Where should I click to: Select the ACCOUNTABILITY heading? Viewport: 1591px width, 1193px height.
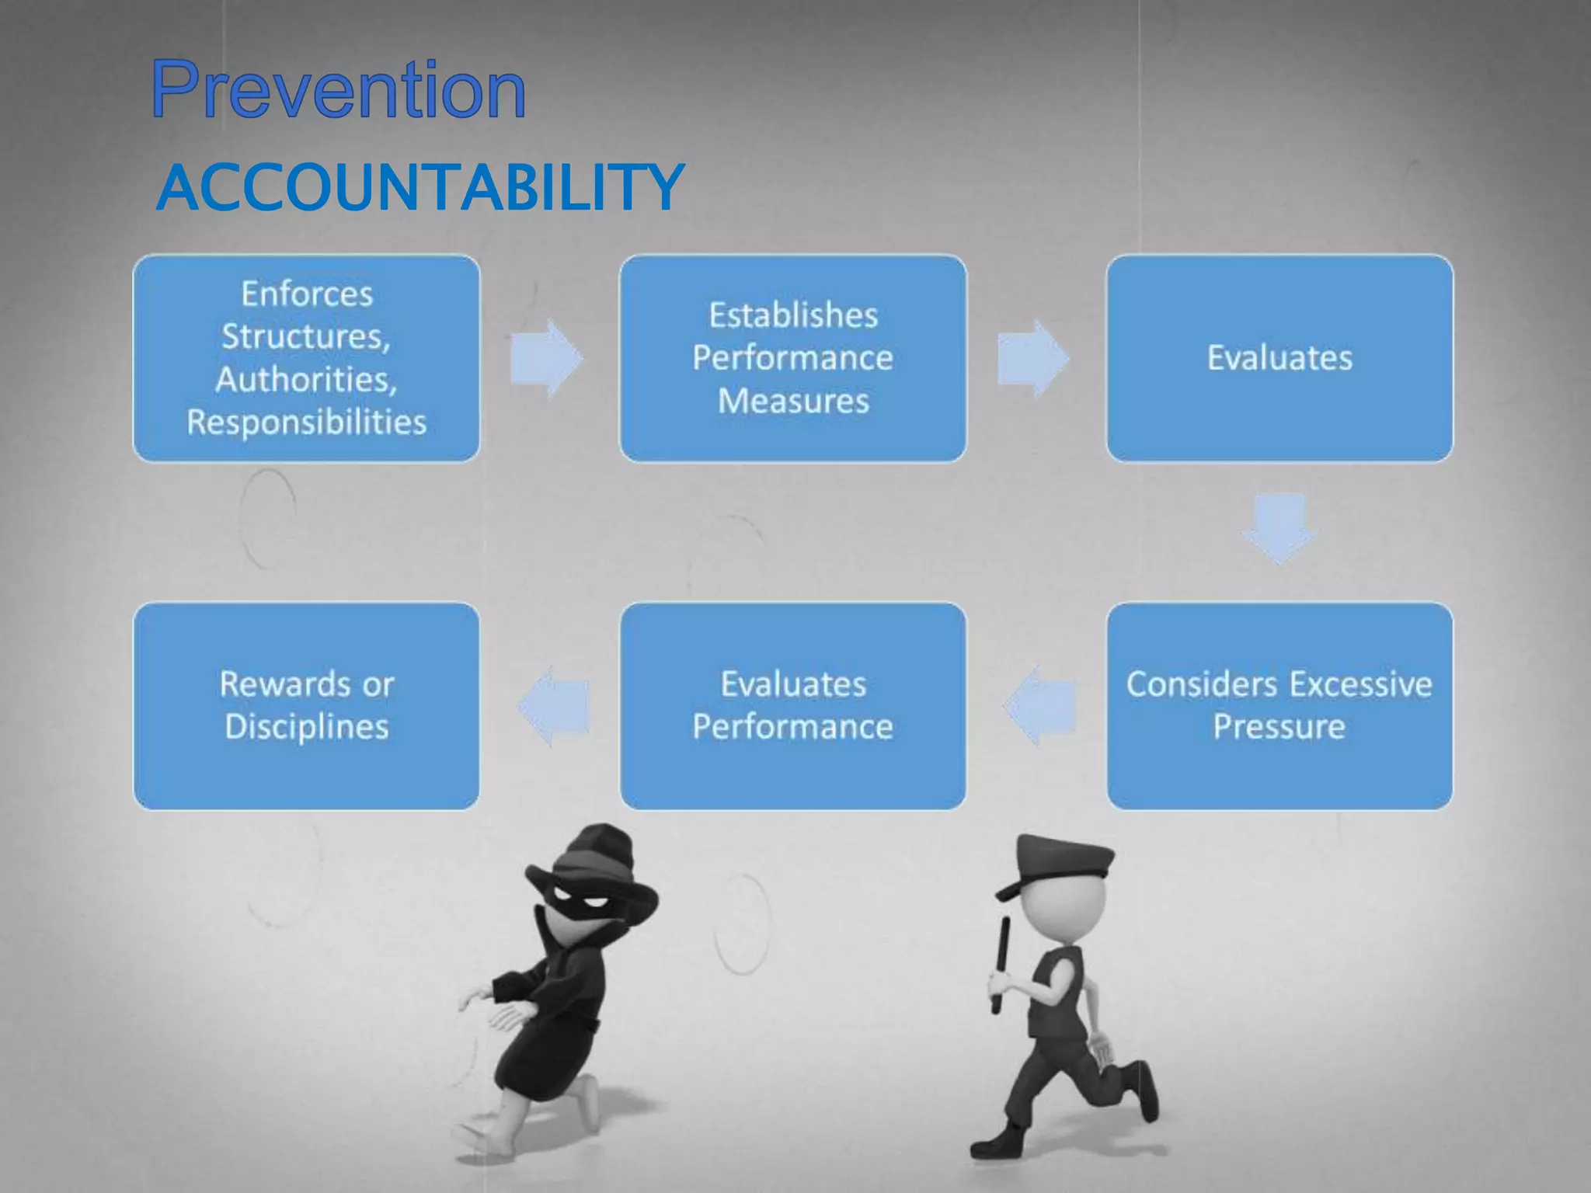420,187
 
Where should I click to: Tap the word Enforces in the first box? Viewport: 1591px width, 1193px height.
307,294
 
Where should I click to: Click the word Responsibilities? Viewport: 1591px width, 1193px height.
307,423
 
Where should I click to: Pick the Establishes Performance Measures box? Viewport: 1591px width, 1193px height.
792,358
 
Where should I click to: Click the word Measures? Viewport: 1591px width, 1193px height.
792,402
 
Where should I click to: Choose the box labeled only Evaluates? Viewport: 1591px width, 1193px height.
1279,358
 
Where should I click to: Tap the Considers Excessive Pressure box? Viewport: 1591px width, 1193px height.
1279,705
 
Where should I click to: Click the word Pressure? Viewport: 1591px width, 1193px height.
1279,727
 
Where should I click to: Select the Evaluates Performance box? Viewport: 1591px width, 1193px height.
792,705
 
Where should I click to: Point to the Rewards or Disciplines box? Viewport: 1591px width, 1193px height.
307,705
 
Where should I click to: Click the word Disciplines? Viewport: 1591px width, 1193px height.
307,727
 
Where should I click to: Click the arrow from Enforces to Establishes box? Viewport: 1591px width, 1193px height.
547,359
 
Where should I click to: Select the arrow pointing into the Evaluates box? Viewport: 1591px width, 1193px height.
1033,359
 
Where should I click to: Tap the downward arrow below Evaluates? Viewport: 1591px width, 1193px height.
1279,528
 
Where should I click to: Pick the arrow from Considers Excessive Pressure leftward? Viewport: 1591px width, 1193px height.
1039,705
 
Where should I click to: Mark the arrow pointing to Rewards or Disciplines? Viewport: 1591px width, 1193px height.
553,705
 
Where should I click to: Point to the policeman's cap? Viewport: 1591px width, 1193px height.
1057,862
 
